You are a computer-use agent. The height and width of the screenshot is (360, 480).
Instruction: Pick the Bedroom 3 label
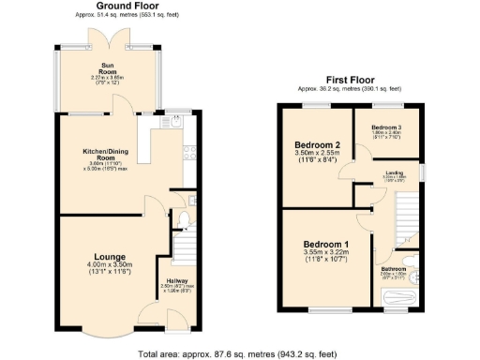(x=385, y=127)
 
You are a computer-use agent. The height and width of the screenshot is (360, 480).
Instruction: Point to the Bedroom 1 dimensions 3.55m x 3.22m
(x=325, y=252)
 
